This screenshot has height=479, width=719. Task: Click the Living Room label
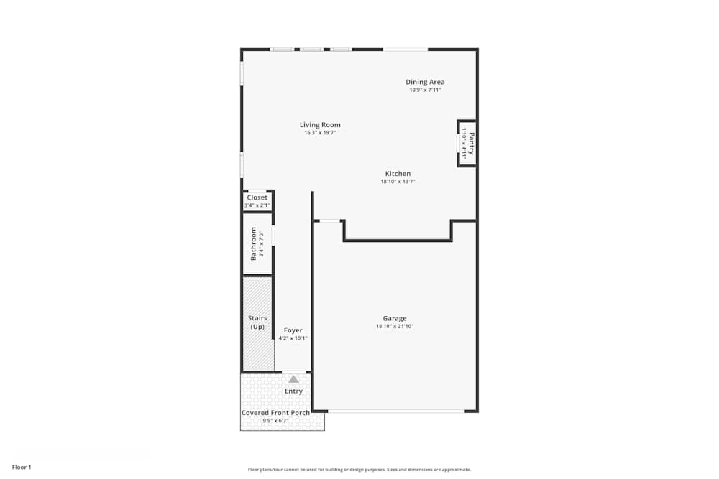click(x=320, y=125)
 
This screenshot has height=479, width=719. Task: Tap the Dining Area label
click(x=425, y=82)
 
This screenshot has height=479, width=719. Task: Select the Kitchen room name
click(x=398, y=174)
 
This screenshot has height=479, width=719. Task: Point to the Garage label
click(x=395, y=318)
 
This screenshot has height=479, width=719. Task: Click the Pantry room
click(x=467, y=143)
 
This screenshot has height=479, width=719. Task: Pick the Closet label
click(x=257, y=197)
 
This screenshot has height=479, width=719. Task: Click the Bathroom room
click(x=257, y=243)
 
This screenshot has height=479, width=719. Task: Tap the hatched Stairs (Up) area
click(x=257, y=323)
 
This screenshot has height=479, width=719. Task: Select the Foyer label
click(x=293, y=330)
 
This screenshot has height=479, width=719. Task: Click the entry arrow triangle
click(x=293, y=378)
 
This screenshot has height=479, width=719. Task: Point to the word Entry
click(x=293, y=391)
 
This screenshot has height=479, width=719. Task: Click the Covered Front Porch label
click(x=275, y=413)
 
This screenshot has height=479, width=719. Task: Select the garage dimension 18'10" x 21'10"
click(x=395, y=327)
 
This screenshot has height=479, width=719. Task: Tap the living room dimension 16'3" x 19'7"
click(x=320, y=133)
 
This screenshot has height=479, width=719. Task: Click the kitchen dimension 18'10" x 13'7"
click(x=398, y=182)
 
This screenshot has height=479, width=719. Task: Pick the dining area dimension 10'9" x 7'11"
click(x=425, y=90)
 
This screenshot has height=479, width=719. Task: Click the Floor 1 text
click(x=22, y=467)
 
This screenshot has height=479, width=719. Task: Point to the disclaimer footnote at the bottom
click(x=359, y=470)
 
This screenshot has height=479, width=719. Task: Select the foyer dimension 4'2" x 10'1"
click(x=293, y=338)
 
